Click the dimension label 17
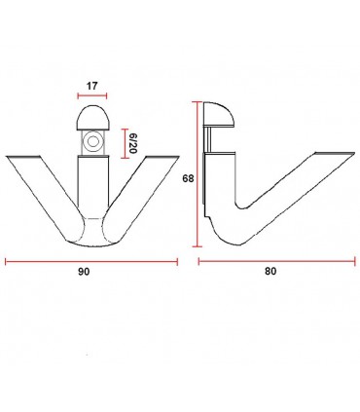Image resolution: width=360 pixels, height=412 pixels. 91,87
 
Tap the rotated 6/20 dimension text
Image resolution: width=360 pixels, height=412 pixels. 132,143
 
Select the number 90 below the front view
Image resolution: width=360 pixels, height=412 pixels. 84,272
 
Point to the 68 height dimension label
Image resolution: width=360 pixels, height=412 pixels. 188,178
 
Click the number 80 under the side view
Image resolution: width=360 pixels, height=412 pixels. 270,271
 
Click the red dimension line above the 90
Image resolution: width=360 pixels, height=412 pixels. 91,262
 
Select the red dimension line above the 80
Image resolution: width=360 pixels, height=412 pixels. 277,261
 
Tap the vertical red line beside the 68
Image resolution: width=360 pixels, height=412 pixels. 197,174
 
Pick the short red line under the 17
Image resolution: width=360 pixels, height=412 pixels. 92,95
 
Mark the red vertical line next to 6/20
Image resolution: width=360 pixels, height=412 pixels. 125,143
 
